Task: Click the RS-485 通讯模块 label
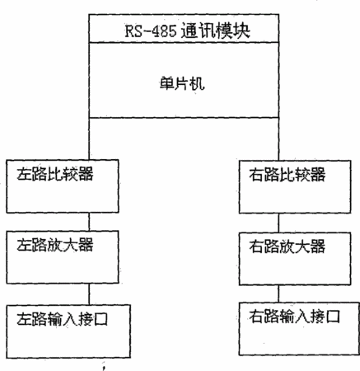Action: click(188, 31)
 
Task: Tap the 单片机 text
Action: click(182, 83)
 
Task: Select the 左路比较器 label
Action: click(55, 174)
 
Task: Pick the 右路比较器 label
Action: click(288, 175)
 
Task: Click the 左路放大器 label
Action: click(55, 245)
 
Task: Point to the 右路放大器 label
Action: click(288, 246)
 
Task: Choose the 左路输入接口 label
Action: click(62, 319)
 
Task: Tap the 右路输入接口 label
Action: click(294, 317)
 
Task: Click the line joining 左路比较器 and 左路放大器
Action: click(89, 222)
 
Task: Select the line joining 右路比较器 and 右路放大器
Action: click(278, 223)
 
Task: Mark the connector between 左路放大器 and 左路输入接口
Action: click(89, 294)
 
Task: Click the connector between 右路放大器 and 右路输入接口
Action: click(278, 294)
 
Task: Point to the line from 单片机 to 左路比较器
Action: click(89, 139)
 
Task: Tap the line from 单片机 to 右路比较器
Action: click(278, 139)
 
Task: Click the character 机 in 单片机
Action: click(198, 83)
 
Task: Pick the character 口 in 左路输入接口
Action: click(101, 319)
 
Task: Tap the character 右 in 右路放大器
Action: click(256, 246)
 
